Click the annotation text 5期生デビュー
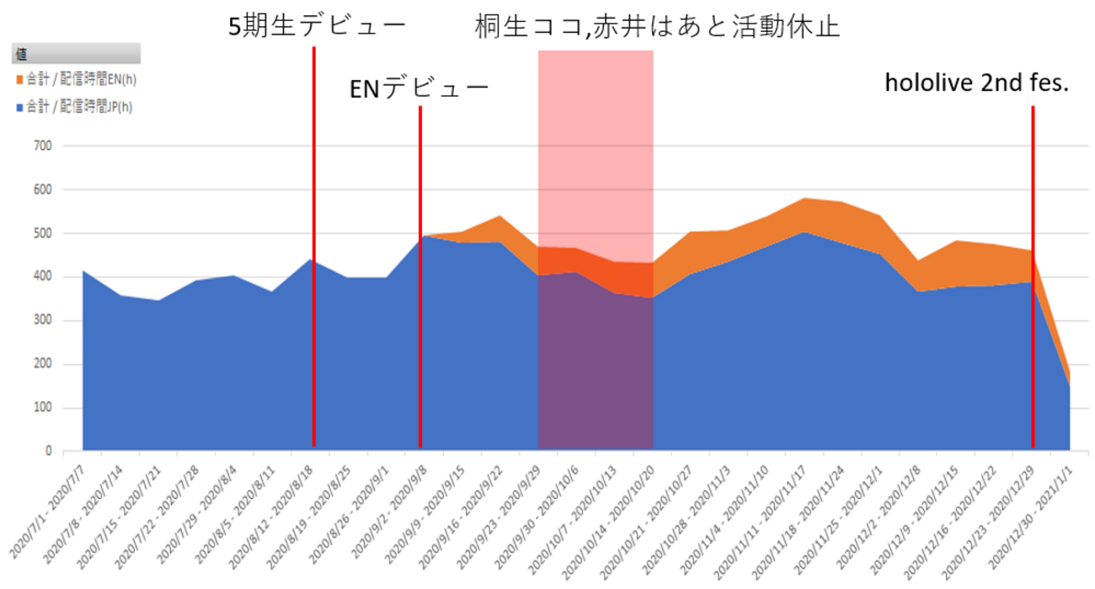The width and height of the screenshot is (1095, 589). [318, 25]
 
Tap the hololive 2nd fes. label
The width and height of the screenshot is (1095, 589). [976, 83]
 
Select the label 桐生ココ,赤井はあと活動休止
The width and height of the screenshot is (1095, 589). [657, 25]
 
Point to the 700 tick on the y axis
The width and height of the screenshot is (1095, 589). [42, 146]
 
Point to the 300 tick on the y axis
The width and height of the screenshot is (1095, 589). [42, 320]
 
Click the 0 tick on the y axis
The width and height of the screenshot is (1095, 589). [48, 452]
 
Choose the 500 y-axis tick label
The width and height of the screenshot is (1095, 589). [42, 233]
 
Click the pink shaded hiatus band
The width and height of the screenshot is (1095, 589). [596, 169]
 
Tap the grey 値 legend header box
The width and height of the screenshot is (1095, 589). [75, 54]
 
